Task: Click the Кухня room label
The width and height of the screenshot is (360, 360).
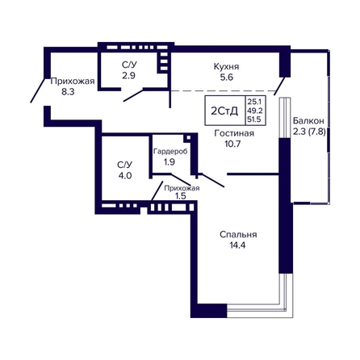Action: [x=226, y=67]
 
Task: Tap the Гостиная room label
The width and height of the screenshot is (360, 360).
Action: [x=234, y=133]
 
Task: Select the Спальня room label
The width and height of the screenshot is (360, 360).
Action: [x=238, y=235]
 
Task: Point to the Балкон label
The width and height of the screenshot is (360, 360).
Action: [x=308, y=121]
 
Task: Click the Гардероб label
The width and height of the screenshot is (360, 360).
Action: [x=170, y=152]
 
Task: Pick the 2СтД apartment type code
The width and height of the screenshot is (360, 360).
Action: [x=224, y=111]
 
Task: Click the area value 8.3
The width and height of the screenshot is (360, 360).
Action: [x=68, y=92]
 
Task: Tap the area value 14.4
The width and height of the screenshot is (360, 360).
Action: [x=237, y=245]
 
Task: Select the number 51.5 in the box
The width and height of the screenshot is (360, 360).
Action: [x=254, y=119]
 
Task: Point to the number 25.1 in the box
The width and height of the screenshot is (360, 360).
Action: [x=254, y=102]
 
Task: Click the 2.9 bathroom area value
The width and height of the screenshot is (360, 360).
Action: [x=128, y=76]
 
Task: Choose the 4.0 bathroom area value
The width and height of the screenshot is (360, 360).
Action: [x=125, y=176]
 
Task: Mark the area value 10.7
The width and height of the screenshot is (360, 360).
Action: [x=232, y=144]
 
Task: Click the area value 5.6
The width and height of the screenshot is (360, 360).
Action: [x=227, y=77]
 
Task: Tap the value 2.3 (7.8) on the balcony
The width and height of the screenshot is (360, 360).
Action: [x=309, y=132]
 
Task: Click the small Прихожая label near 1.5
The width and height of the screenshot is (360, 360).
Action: [x=182, y=188]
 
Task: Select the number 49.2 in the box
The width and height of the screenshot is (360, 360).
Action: [x=254, y=111]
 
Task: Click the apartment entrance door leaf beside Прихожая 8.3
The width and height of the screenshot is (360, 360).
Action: [x=37, y=90]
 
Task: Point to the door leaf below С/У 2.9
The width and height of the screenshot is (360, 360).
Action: [x=133, y=96]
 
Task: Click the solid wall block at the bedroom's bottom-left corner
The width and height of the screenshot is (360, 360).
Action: [x=209, y=311]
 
